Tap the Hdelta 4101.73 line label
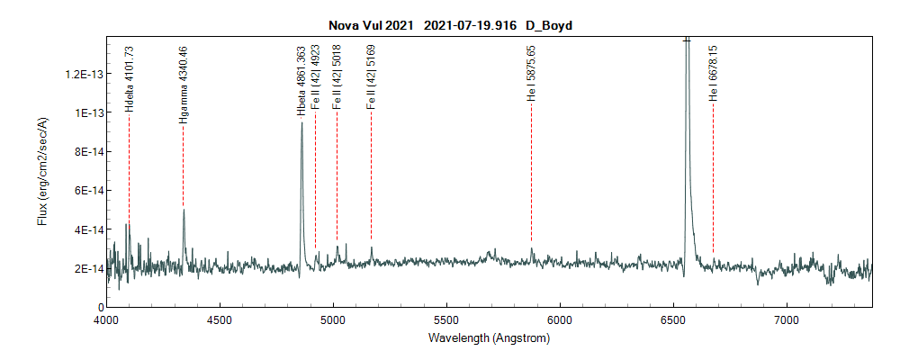point(129,79)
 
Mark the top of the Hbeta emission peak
point(301,123)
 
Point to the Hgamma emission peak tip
point(184,210)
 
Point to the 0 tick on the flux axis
point(99,308)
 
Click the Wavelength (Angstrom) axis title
point(489,338)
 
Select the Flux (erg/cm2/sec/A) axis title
point(42,173)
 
